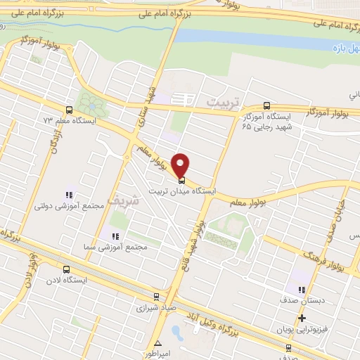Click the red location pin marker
(182, 164)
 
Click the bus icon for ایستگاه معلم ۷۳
(69, 110)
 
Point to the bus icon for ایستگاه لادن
(67, 269)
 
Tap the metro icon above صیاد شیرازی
(156, 297)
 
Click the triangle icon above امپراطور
(159, 343)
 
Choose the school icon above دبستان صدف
(301, 290)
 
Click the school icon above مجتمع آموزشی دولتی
(69, 195)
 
